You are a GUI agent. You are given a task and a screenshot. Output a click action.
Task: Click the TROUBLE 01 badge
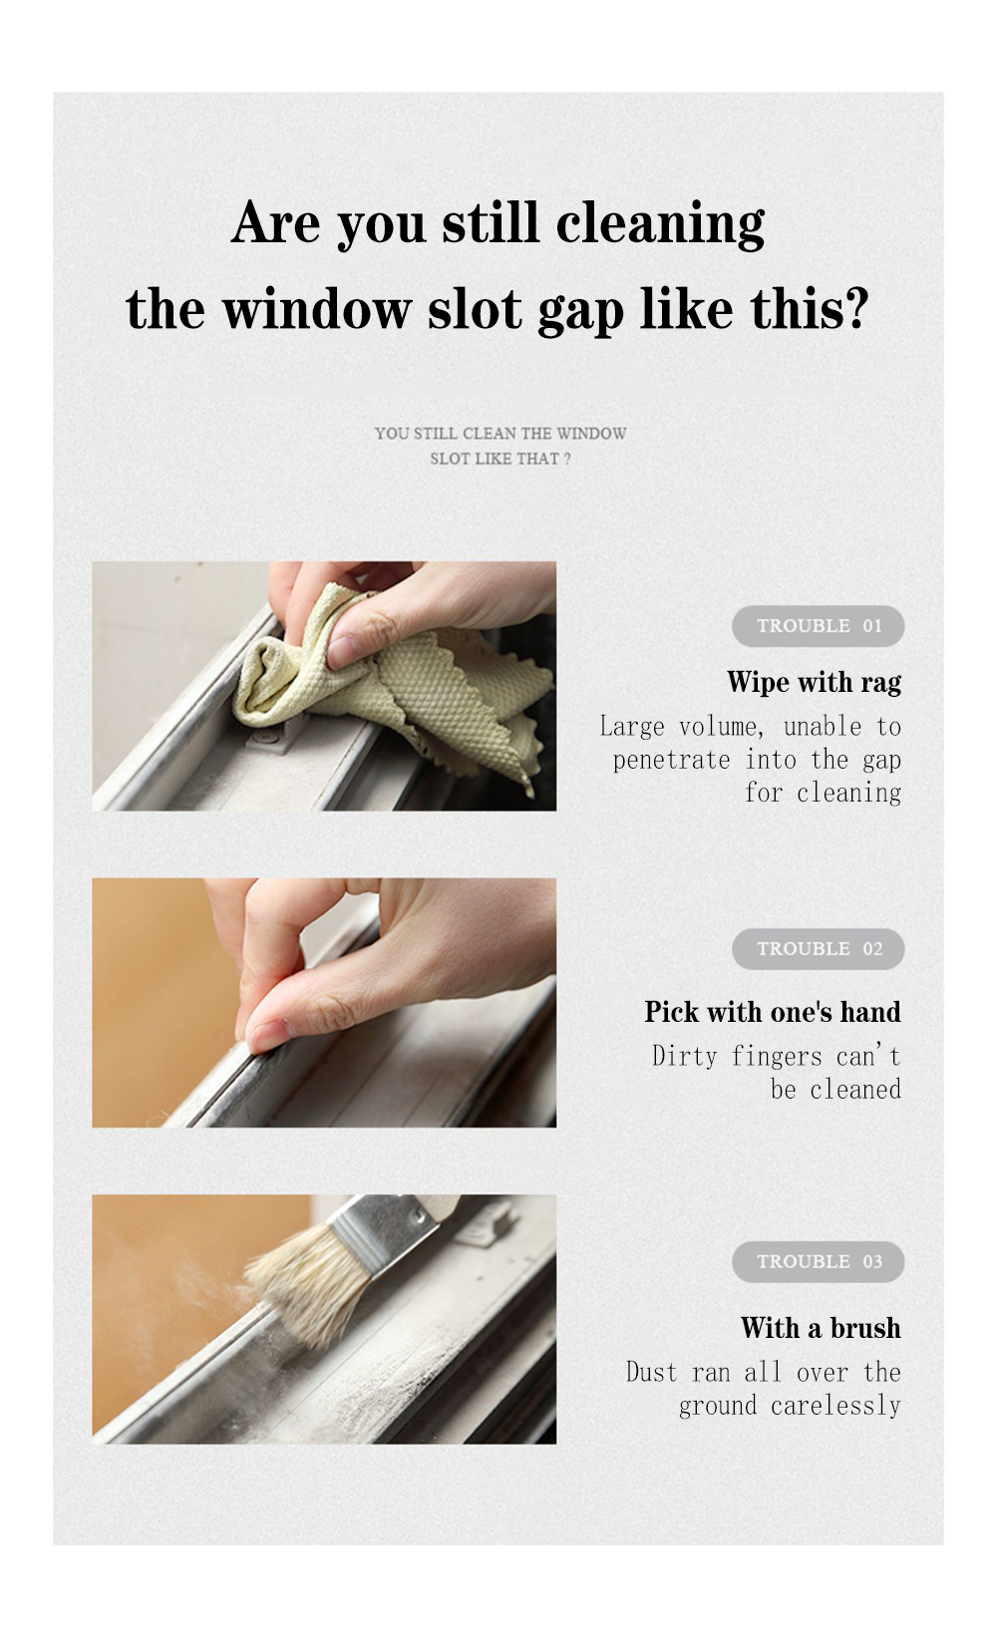tap(818, 626)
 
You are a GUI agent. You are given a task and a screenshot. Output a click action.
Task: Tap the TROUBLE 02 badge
tap(818, 948)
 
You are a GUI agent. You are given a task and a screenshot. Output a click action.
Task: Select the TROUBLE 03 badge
tap(818, 1261)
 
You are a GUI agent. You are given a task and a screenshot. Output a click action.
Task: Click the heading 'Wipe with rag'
tap(814, 683)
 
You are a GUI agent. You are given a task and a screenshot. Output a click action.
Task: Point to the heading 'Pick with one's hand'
tap(773, 1012)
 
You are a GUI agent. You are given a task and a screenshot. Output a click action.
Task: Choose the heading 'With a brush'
tap(821, 1328)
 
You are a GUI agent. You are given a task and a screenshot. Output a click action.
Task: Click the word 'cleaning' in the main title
tap(660, 224)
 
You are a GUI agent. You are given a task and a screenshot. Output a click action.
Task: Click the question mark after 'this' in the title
tap(857, 308)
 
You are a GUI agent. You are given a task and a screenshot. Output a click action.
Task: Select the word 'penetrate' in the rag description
tap(671, 761)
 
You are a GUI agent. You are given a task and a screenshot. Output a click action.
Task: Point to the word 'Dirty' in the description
tap(685, 1057)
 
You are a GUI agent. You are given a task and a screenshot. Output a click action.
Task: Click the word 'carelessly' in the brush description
tap(835, 1406)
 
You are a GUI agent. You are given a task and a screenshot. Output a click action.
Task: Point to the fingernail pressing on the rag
tap(344, 652)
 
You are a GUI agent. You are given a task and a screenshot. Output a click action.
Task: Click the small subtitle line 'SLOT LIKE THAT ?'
tap(499, 459)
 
